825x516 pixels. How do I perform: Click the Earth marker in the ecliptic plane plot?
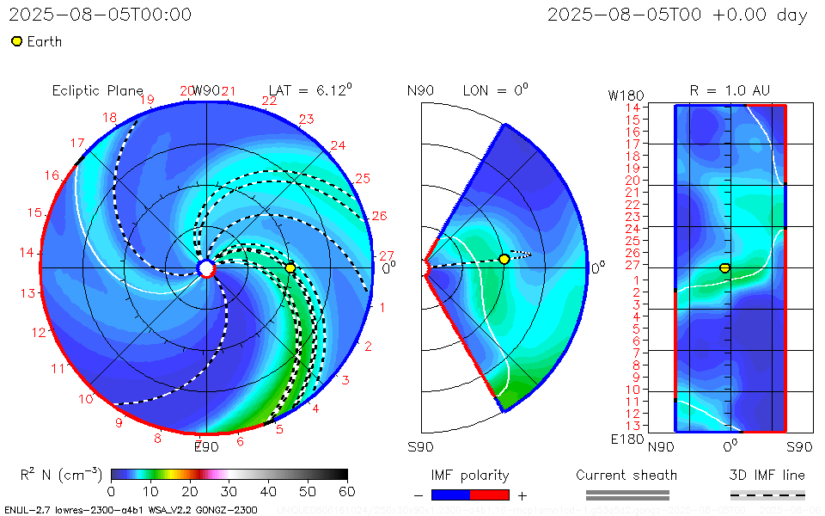pos(290,268)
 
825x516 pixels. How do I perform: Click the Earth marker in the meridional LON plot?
pos(504,259)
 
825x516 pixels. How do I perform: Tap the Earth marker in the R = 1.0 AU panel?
pos(724,268)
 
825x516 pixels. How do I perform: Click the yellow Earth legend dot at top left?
pos(16,41)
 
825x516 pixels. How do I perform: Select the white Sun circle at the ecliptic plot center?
pos(206,269)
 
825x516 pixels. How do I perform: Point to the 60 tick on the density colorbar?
pos(347,491)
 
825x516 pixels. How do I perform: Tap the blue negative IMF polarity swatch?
pos(450,494)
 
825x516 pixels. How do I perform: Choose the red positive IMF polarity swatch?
pos(490,494)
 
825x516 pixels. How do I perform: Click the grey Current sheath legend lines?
pos(626,494)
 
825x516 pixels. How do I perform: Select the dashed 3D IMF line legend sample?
pos(767,494)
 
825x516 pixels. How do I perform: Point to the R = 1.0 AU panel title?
pos(730,90)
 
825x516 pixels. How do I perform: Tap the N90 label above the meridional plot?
pos(420,91)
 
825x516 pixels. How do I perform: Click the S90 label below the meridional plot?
pos(420,446)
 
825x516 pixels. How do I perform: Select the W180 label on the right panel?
pos(624,94)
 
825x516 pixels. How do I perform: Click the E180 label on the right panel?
pos(624,439)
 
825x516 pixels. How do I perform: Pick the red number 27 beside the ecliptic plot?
pos(386,255)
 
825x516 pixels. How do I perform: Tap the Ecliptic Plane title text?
pos(97,90)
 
